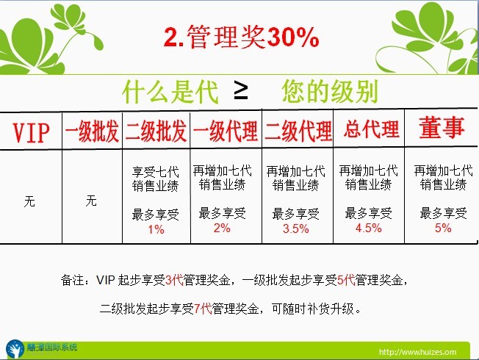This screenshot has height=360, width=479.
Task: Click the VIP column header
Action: click(31, 133)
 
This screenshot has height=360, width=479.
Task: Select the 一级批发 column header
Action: click(92, 132)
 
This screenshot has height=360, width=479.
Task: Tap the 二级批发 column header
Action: click(156, 132)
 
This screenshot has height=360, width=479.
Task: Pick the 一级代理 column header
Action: click(226, 132)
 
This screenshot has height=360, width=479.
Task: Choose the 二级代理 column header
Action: click(298, 132)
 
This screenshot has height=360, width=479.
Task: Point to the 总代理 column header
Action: click(371, 129)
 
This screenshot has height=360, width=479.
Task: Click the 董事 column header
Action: click(442, 127)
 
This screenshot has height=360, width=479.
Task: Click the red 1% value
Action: click(156, 229)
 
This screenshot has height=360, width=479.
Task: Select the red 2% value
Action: click(222, 228)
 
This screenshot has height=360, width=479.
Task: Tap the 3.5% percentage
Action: click(296, 228)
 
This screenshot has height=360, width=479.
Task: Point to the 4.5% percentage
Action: click(368, 228)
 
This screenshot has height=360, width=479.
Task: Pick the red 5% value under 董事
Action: click(443, 228)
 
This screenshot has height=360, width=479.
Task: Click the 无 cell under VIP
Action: click(29, 201)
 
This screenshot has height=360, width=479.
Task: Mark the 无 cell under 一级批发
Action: click(91, 201)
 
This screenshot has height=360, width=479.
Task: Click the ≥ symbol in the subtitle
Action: click(241, 91)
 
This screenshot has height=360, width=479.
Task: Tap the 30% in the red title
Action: click(293, 37)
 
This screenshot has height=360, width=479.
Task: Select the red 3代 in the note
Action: click(174, 280)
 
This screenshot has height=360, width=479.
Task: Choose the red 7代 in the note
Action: click(203, 309)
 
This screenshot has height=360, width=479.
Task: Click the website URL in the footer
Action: click(417, 352)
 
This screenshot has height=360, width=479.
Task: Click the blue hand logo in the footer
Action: click(15, 349)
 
